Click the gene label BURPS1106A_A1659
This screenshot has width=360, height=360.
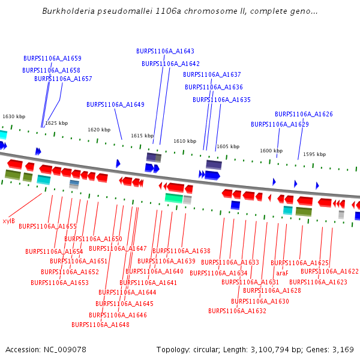click(52, 59)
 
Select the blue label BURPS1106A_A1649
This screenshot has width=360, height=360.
click(115, 104)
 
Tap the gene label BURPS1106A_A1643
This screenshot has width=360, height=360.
click(165, 52)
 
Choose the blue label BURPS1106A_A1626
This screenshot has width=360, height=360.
click(304, 114)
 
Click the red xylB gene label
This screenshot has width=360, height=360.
click(8, 221)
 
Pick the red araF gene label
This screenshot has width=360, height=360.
click(282, 273)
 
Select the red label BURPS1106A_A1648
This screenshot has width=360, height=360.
click(100, 325)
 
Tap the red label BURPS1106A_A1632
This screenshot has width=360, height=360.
click(237, 311)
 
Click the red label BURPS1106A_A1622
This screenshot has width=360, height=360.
click(329, 271)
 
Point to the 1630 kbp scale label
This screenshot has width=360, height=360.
click(14, 116)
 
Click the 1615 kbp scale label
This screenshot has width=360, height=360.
click(142, 136)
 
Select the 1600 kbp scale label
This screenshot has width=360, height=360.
click(271, 151)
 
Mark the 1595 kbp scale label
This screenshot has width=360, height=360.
click(314, 154)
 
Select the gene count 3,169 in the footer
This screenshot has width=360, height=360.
click(343, 349)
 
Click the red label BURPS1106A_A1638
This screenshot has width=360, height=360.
click(181, 251)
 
